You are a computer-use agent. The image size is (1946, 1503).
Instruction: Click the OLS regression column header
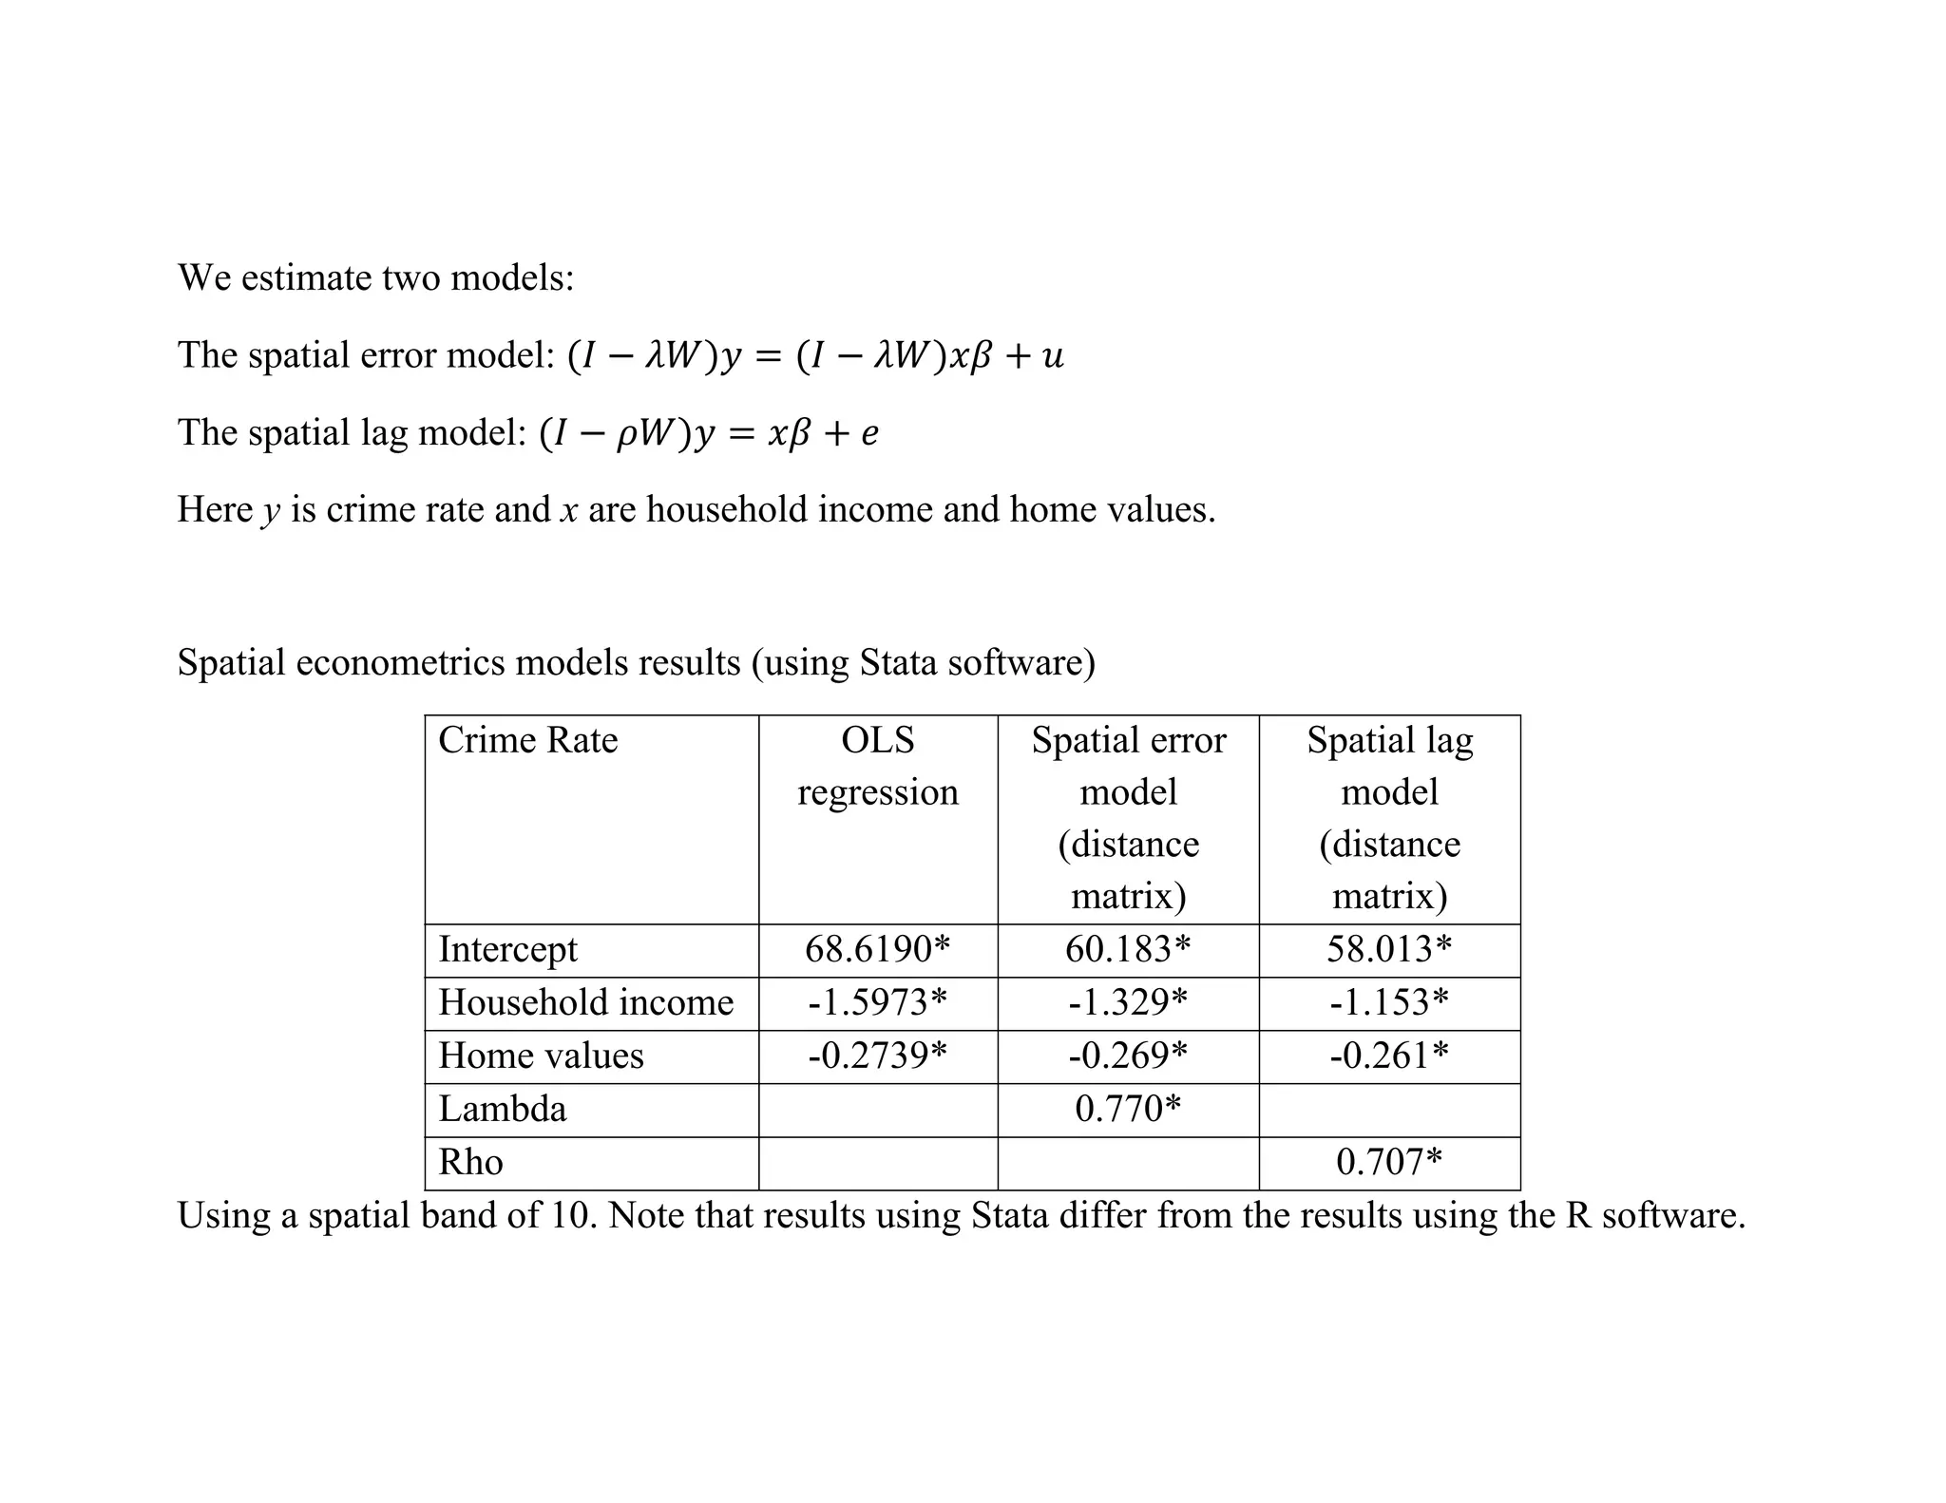click(877, 766)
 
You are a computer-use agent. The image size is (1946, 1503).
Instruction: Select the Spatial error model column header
click(1128, 817)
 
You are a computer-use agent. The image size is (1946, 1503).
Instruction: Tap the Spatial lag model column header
click(1389, 817)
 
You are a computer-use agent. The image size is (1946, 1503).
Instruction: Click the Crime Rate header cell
click(527, 740)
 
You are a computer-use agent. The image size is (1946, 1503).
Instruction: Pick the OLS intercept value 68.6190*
click(877, 949)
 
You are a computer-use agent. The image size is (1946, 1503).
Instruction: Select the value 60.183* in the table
click(1128, 949)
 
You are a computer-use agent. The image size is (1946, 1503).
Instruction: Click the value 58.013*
click(1389, 949)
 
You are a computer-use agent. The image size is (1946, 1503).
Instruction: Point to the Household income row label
click(585, 1002)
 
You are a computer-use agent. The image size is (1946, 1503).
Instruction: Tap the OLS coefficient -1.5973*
click(877, 1002)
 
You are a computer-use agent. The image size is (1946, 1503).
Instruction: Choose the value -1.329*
click(1128, 1002)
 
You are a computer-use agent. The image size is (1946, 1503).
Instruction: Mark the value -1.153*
click(1389, 1002)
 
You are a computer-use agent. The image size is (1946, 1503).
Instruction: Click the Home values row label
click(541, 1056)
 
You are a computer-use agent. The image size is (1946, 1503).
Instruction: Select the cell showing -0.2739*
click(877, 1056)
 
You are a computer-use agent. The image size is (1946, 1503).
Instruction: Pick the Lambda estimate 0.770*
click(1128, 1109)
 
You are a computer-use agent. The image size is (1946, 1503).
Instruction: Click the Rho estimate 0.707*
click(1389, 1162)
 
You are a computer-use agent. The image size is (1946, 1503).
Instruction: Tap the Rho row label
click(470, 1162)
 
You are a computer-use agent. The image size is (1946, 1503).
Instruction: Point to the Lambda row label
click(502, 1109)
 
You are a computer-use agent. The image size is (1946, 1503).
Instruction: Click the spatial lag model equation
click(709, 433)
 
